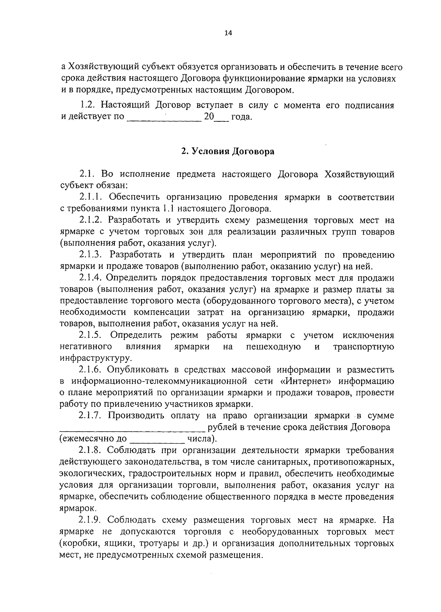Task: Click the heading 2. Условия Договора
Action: [227, 152]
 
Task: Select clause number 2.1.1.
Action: [91, 197]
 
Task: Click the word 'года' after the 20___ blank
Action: [241, 118]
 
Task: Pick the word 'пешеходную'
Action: [274, 347]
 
